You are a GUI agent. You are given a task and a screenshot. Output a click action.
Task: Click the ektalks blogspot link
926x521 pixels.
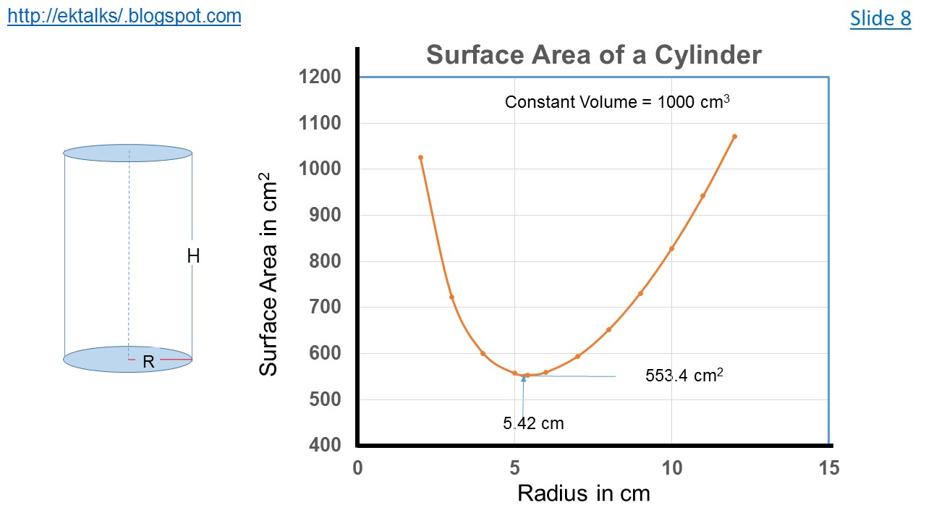click(x=124, y=16)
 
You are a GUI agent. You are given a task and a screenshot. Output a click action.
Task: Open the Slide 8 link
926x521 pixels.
click(x=880, y=18)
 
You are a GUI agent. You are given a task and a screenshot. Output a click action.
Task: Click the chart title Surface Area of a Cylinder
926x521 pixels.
click(x=593, y=55)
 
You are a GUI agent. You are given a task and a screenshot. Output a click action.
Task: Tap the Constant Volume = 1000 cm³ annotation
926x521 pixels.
click(x=617, y=102)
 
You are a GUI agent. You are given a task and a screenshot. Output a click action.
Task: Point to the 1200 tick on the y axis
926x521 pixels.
click(x=320, y=77)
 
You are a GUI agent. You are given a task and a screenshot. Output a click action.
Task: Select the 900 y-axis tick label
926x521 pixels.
click(x=325, y=215)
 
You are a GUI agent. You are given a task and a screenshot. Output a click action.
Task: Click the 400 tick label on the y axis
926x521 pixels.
click(x=325, y=445)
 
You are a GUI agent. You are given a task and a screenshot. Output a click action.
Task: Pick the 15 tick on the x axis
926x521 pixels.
click(x=829, y=468)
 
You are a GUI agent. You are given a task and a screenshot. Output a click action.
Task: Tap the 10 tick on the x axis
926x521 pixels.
click(x=672, y=468)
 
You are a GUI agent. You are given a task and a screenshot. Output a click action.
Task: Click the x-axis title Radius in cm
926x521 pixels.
click(x=584, y=494)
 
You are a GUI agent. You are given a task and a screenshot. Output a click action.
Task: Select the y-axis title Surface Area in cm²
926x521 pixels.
click(x=268, y=274)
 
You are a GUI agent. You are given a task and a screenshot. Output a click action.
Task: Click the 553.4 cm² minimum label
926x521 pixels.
click(x=684, y=376)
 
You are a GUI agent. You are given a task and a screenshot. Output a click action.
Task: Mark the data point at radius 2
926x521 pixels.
click(x=420, y=157)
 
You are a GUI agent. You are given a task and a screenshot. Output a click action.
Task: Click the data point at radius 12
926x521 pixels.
click(x=734, y=136)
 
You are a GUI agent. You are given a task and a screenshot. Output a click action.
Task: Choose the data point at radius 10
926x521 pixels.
click(x=671, y=249)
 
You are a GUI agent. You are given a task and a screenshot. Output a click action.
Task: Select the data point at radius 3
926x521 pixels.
click(x=451, y=297)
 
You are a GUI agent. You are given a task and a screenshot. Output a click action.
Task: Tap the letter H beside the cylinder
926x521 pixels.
click(x=193, y=255)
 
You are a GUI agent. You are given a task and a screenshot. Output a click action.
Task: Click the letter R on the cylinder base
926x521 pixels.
click(x=148, y=362)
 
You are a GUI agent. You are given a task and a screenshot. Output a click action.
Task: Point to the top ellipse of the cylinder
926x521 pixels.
click(x=128, y=153)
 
